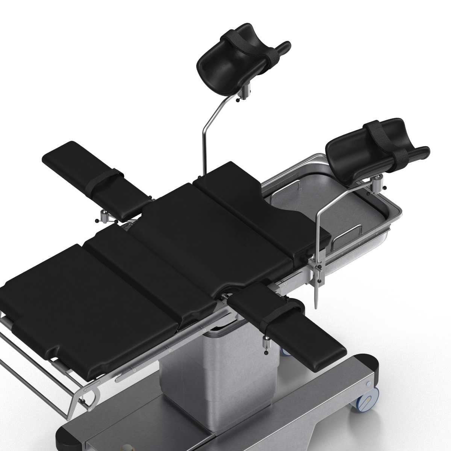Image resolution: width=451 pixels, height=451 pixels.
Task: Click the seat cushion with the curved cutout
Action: coord(259,218)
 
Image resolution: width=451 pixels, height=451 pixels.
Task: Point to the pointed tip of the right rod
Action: coord(316,306)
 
